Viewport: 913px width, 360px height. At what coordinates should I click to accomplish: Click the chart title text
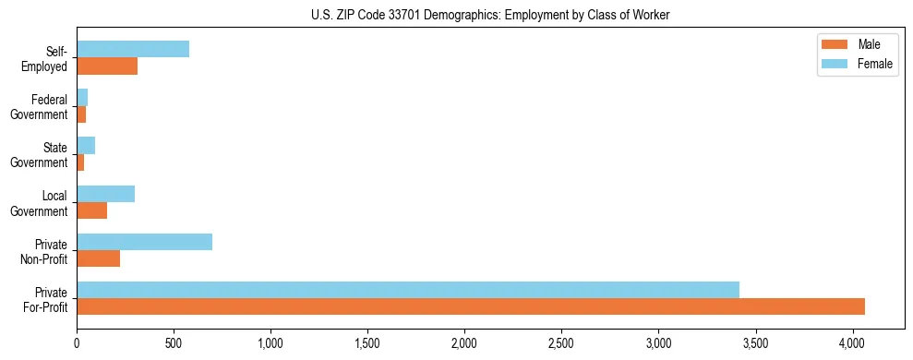(x=490, y=16)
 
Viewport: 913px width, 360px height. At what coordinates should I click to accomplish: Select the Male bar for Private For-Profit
(x=471, y=306)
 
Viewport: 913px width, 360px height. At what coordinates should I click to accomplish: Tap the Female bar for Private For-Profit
(x=408, y=290)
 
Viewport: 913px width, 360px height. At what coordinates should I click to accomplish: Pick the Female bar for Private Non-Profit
(x=145, y=242)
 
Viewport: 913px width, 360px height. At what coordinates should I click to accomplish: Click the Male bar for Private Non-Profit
(x=99, y=258)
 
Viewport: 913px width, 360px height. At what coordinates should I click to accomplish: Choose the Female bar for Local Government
(x=106, y=194)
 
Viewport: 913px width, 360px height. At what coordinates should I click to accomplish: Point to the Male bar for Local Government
(x=92, y=210)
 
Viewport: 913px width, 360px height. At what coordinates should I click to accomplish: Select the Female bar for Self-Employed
(x=133, y=49)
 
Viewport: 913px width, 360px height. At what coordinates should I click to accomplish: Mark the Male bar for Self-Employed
(x=107, y=66)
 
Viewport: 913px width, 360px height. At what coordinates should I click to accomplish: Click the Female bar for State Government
(x=86, y=146)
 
